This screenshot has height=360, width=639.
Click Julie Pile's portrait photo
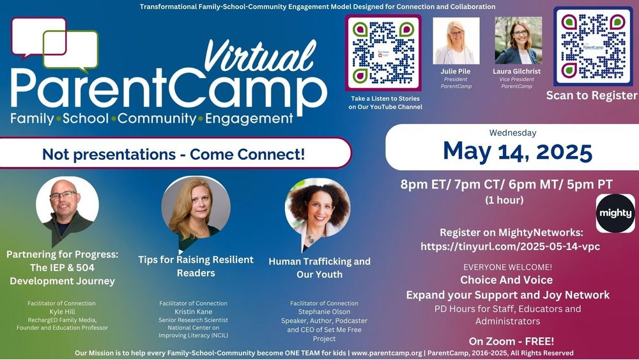456,41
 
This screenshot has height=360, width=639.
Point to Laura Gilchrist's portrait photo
518,41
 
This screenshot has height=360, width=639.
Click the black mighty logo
615,213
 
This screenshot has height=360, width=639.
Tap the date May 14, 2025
517,152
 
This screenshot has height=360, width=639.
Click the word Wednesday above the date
512,133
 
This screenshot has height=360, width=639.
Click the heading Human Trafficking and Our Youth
319,268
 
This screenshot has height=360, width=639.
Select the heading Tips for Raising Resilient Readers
196,266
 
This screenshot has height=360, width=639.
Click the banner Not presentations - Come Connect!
174,153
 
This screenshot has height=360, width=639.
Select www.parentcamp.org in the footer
387,353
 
